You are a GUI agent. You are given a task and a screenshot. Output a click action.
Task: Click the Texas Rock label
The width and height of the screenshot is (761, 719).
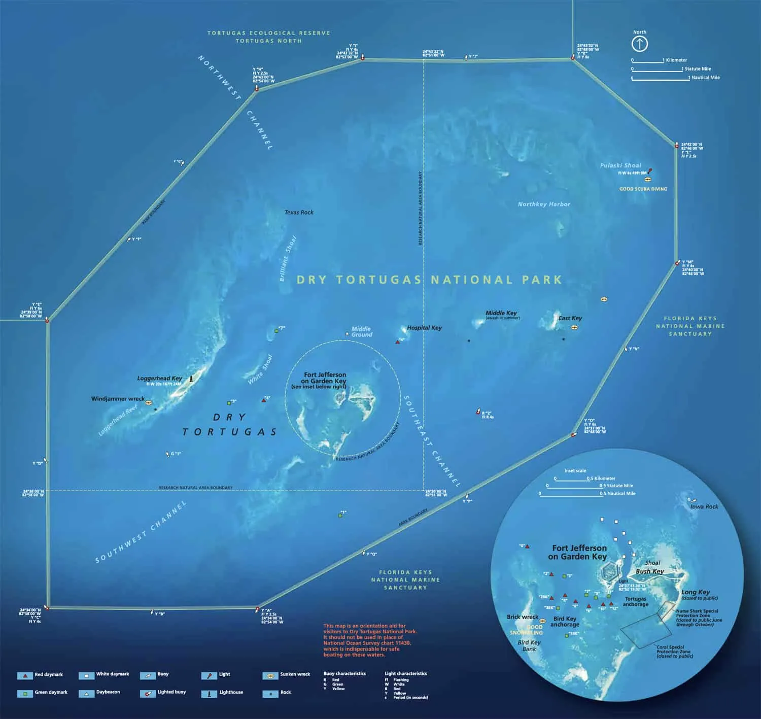point(299,212)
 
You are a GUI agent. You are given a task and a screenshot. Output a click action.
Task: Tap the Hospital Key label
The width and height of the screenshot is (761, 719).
point(424,328)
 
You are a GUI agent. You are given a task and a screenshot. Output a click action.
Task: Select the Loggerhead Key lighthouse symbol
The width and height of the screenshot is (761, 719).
point(191,379)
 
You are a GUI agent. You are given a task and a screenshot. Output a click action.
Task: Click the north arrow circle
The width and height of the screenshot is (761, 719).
point(639,44)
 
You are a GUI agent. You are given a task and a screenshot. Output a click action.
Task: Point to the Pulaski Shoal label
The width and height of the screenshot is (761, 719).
point(620,165)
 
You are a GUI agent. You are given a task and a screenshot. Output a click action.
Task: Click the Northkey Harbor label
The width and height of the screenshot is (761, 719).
point(544,204)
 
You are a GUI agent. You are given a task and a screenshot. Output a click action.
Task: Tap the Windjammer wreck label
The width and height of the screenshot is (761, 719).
point(118,399)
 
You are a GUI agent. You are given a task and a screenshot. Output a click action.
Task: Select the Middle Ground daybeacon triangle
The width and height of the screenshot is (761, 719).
point(347,333)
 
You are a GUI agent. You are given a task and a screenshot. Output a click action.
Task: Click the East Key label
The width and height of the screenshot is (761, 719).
point(570,318)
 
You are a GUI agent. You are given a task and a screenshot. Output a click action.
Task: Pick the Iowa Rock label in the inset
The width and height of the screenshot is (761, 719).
point(704,506)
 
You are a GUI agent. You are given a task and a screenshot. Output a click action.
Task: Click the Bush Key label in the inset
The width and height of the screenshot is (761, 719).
point(650,571)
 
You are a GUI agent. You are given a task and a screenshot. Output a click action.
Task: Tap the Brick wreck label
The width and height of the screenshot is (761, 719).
point(523,617)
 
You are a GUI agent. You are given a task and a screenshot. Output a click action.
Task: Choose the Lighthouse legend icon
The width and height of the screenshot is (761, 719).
point(209,693)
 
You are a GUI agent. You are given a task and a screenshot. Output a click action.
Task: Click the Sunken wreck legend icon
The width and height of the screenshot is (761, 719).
point(270,675)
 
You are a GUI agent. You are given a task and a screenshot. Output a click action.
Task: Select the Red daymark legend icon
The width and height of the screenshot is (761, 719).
point(25,676)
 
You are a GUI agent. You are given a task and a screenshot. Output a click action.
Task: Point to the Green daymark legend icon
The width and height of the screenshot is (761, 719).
point(25,693)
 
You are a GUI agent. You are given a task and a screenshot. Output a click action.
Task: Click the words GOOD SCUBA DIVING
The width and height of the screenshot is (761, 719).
point(643,189)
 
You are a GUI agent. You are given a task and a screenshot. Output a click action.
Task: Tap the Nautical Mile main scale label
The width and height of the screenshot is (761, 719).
point(706,78)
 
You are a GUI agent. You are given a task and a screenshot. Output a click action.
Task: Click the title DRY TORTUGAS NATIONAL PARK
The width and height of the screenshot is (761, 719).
point(429,280)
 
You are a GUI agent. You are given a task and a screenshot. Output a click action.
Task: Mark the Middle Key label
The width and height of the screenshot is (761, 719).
point(501,313)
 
